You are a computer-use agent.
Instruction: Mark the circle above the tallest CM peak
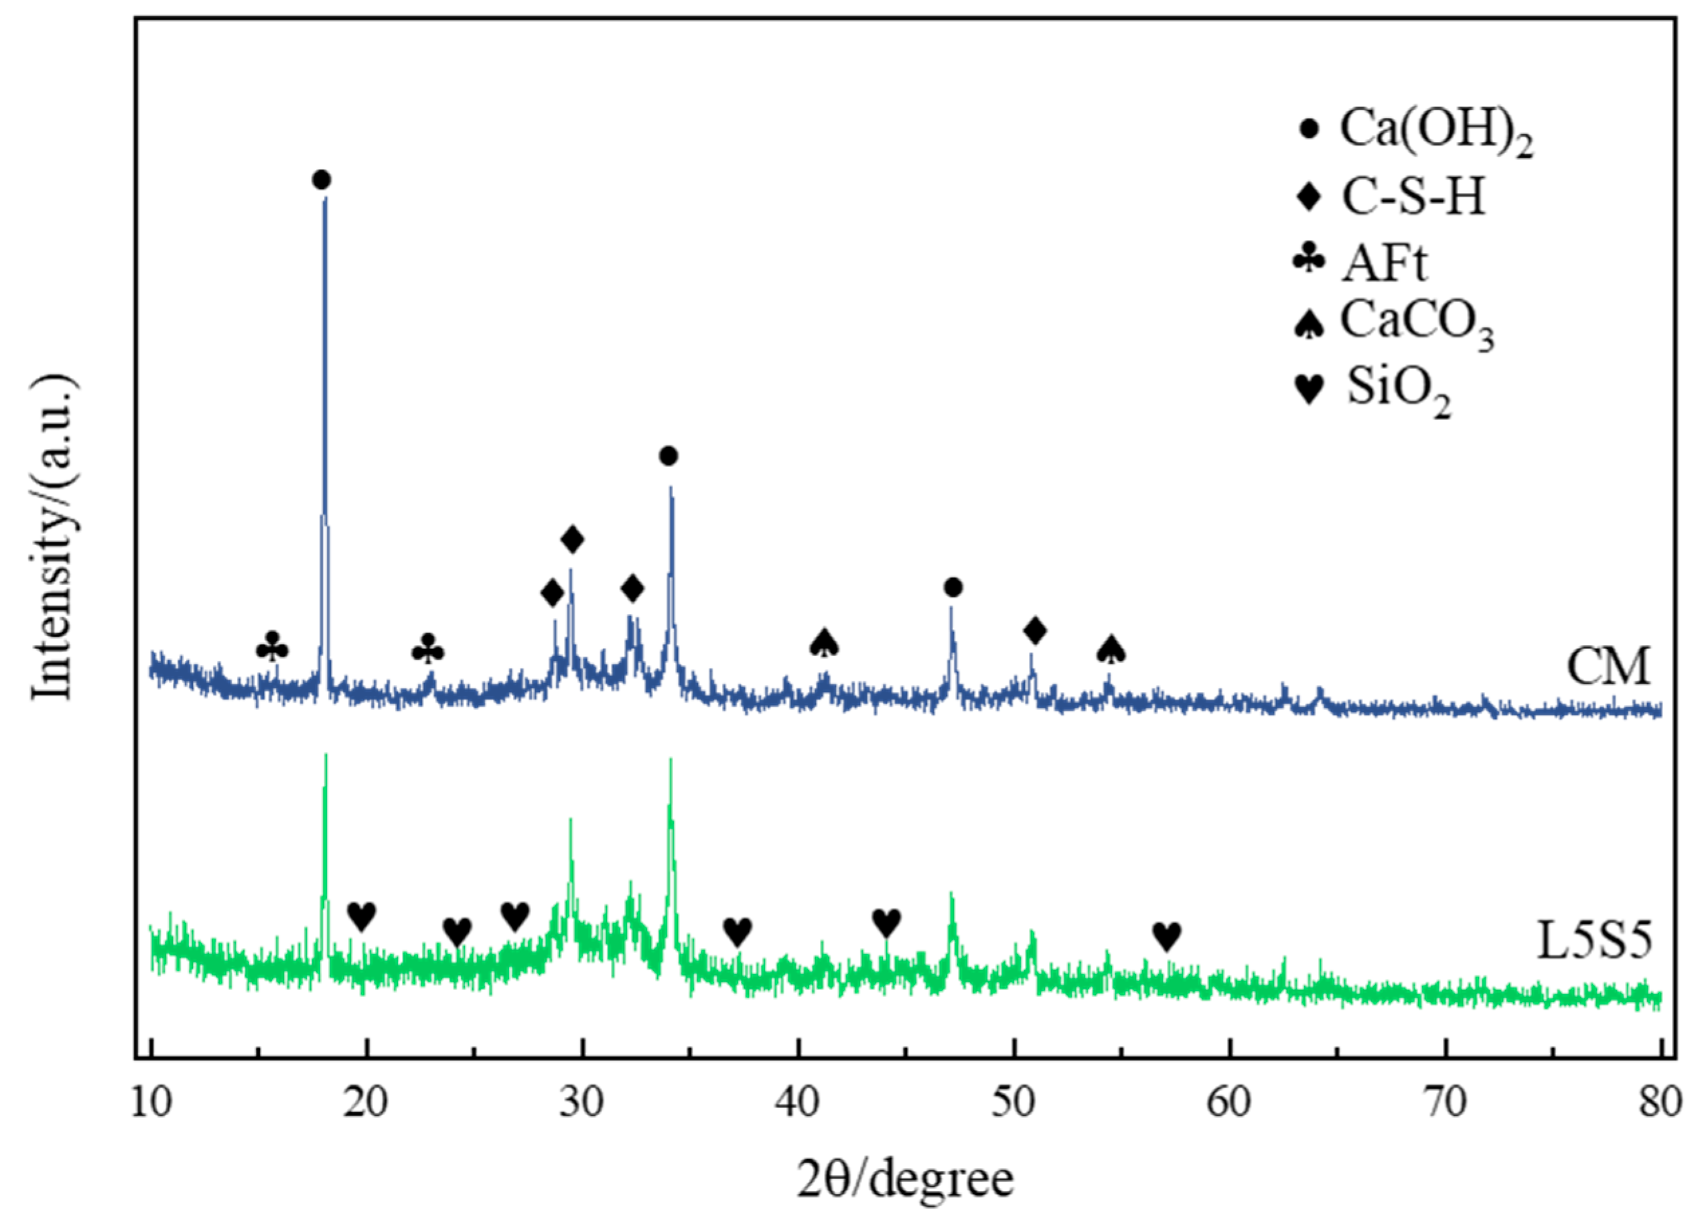pyautogui.click(x=322, y=180)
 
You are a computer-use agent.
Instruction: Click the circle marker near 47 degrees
pyautogui.click(x=952, y=588)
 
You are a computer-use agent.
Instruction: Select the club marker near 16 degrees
pyautogui.click(x=272, y=648)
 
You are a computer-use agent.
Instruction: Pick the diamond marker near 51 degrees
pyautogui.click(x=1035, y=631)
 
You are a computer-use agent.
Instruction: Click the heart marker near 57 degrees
pyautogui.click(x=1166, y=936)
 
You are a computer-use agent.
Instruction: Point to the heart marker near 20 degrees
pyautogui.click(x=362, y=916)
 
